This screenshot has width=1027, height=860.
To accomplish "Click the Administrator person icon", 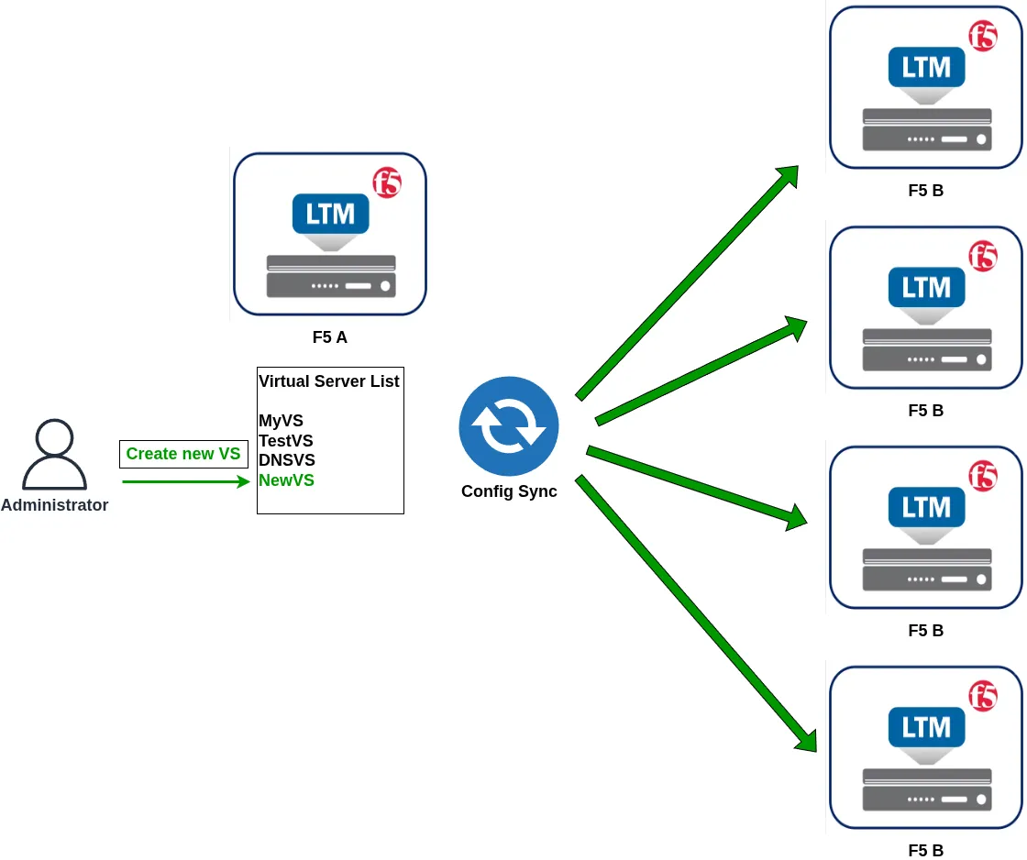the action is coord(54,454).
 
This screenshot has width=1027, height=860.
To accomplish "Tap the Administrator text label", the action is coord(54,505).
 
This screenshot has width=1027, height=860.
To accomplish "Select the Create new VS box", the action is coord(183,454).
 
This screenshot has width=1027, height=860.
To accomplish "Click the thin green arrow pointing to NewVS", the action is coord(186,482).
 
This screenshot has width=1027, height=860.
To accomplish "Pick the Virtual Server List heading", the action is coord(329,381).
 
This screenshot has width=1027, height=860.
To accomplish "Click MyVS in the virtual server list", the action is coord(281,421).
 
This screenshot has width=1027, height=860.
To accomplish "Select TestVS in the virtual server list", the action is coord(285,440).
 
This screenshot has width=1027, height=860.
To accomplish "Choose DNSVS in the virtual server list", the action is coord(287,460).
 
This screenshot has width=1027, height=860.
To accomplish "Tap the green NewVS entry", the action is coord(286,480).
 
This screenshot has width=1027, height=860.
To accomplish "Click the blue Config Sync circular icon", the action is coord(509,425).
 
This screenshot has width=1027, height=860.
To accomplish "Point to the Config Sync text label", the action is coord(509,491).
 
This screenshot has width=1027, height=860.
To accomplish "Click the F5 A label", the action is coord(329,337).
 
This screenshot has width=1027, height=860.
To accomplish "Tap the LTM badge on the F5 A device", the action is coord(331,214).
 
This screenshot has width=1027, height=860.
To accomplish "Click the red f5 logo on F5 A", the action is coord(387,182).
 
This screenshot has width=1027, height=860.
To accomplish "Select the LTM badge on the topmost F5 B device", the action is coord(927,67).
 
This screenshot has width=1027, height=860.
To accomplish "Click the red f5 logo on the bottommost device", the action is coord(983,696).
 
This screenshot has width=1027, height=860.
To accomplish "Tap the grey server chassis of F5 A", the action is coord(331,276).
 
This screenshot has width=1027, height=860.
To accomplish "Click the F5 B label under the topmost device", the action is coord(925,191).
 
